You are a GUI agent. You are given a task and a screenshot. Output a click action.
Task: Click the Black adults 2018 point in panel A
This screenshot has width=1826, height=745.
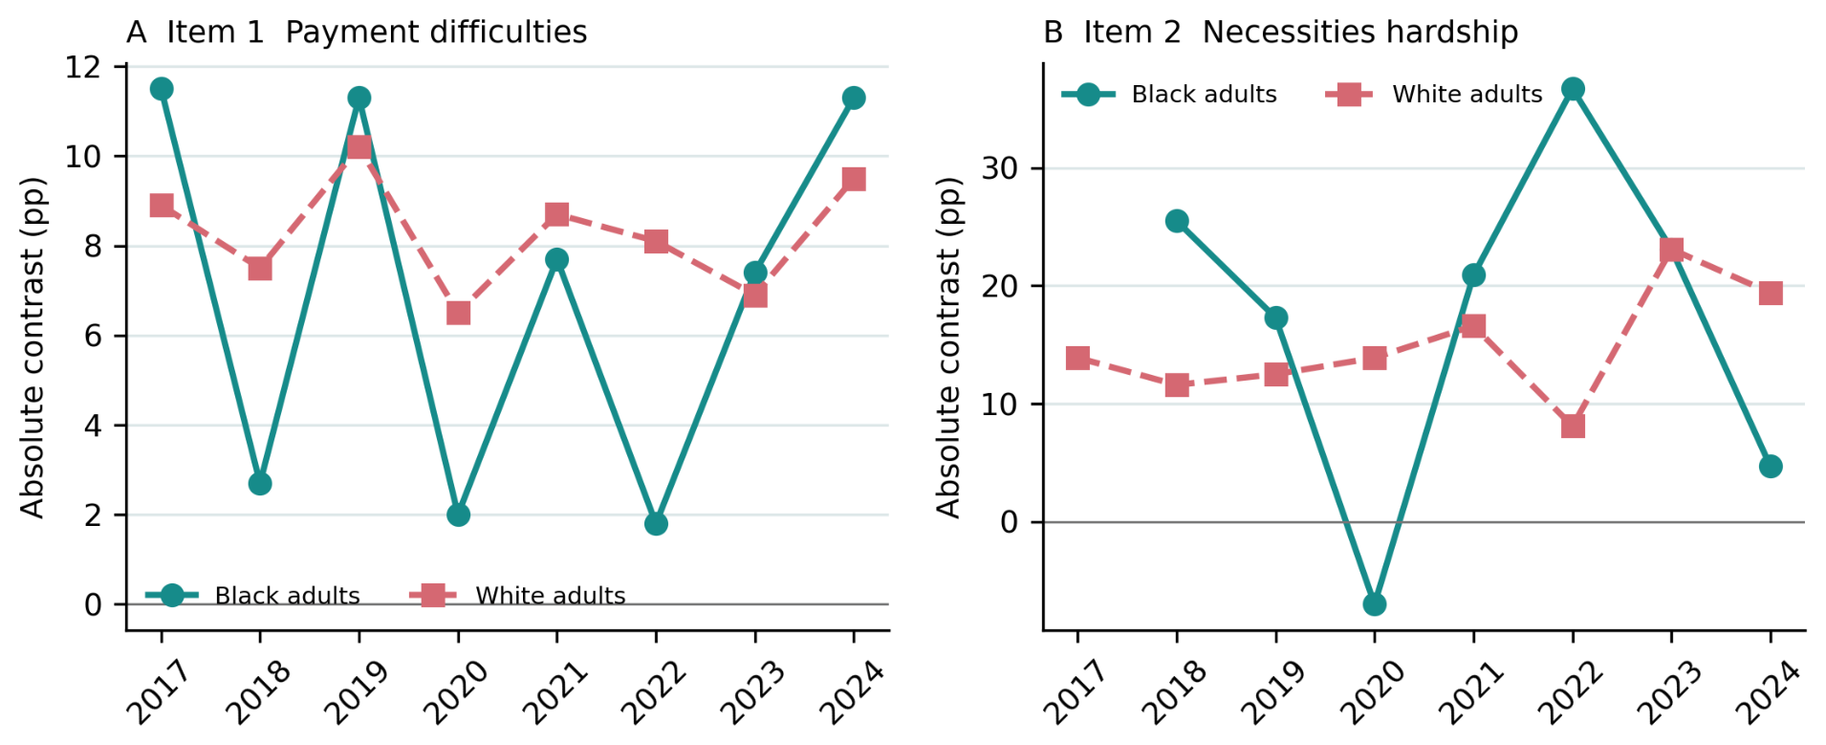(x=260, y=484)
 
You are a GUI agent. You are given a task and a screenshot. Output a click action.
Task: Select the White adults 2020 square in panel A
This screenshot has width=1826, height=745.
(x=458, y=313)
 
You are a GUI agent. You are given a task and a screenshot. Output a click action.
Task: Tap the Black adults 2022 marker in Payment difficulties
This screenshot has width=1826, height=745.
(x=656, y=524)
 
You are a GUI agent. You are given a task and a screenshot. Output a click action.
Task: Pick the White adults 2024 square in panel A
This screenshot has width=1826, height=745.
(x=854, y=179)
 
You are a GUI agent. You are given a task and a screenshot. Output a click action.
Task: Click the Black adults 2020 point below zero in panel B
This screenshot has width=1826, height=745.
(x=1374, y=604)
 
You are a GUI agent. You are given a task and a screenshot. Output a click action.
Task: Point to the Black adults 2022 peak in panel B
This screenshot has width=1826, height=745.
(x=1573, y=89)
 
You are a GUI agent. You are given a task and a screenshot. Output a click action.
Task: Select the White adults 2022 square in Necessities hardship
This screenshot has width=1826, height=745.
(x=1573, y=426)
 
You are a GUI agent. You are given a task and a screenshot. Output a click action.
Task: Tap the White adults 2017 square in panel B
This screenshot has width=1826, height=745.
(x=1077, y=358)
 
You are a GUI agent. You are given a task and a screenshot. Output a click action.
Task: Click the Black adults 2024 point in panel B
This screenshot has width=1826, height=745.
(x=1771, y=467)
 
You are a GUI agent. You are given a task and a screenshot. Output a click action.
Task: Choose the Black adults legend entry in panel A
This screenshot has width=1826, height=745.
(x=253, y=595)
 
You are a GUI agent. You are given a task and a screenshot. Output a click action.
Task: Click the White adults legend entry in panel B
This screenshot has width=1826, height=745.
(x=1434, y=94)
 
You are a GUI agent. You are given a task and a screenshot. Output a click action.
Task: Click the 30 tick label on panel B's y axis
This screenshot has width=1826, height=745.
(x=999, y=168)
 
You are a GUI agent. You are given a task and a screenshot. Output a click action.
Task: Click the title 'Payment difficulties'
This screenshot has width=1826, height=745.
(x=436, y=33)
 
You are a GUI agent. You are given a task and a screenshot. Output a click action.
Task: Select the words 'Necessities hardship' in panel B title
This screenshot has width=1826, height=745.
(x=1359, y=33)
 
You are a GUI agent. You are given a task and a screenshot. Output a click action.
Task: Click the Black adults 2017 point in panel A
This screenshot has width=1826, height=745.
(x=162, y=89)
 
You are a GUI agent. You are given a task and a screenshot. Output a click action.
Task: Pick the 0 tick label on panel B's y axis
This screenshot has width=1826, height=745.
(x=1009, y=522)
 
